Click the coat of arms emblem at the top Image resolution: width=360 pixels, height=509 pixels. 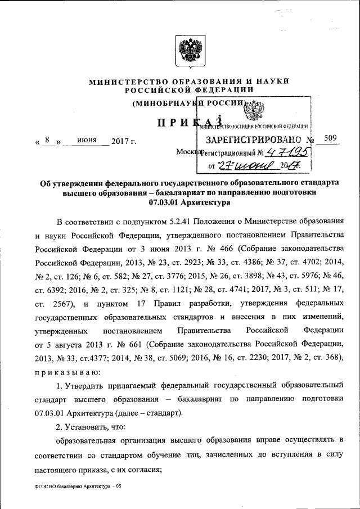184,52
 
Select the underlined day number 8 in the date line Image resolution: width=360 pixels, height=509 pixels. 49,140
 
